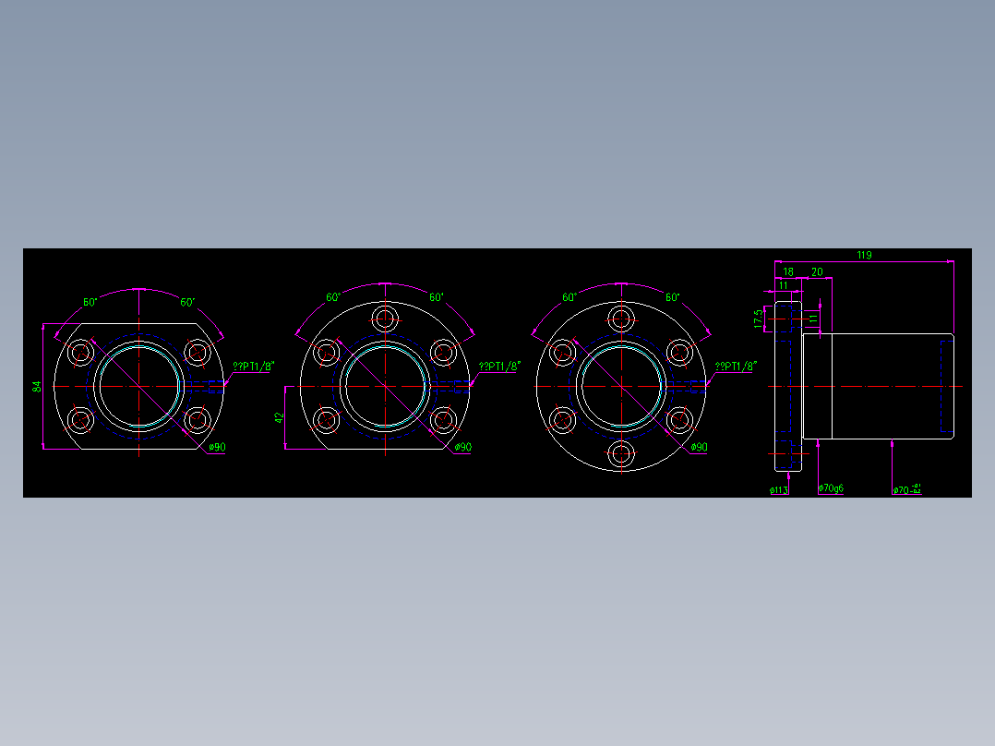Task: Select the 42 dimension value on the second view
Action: coord(280,417)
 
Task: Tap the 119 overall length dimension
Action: coord(864,255)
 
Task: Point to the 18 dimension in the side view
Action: coord(788,271)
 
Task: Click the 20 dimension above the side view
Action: coord(817,271)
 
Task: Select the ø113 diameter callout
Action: coord(778,490)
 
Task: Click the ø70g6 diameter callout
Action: coord(832,488)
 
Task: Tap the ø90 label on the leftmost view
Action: coord(218,447)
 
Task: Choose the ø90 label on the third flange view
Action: coord(700,447)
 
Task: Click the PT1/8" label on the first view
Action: coord(253,367)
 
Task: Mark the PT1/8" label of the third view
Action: coord(736,367)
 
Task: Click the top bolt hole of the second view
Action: coord(385,319)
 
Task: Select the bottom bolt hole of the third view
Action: coord(621,453)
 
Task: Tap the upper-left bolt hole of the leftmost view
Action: coord(81,352)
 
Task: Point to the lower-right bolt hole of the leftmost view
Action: coord(197,420)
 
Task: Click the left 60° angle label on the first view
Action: coord(90,302)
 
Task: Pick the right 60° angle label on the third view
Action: coord(672,297)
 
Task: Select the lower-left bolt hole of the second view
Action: coord(327,420)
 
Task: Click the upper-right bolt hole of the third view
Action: coord(679,352)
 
